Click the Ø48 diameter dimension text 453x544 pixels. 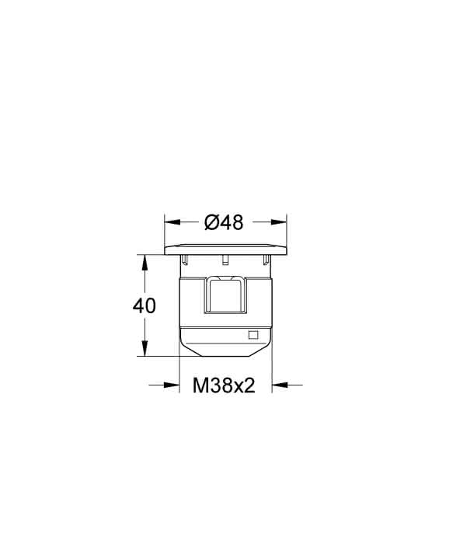224,222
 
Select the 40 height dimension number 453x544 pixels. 145,305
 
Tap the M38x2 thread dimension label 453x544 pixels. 224,385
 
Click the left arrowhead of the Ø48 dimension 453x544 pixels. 172,222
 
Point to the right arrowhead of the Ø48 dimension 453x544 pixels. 279,222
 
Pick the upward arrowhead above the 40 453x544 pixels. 145,263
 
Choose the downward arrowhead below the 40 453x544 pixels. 145,348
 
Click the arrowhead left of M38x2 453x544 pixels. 172,385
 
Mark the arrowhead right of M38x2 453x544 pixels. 281,385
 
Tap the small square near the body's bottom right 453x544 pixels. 253,335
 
